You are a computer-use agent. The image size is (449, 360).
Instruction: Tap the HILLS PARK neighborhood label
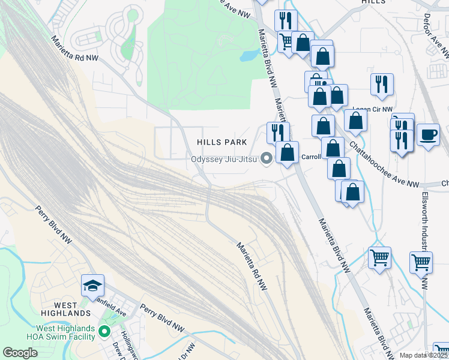[x=223, y=142]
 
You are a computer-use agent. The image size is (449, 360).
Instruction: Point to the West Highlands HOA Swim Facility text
[x=65, y=332]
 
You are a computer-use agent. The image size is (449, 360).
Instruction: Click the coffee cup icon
[x=428, y=134]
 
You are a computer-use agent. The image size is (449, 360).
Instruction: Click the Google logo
[x=20, y=353]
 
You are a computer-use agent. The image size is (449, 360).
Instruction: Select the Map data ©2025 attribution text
[x=423, y=355]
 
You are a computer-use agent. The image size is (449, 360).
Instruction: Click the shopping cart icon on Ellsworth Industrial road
[x=421, y=262]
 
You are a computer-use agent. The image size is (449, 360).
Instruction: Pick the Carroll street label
[x=311, y=157]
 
